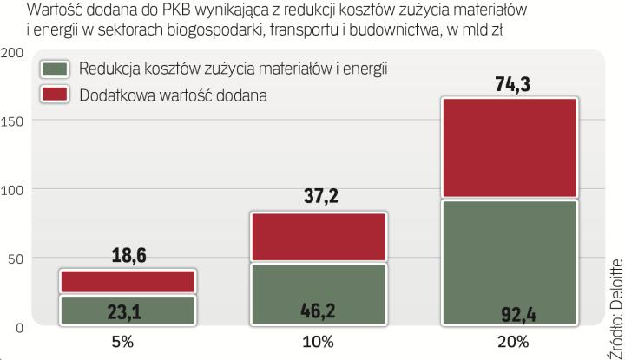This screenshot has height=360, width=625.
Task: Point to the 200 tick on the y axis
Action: click(12, 52)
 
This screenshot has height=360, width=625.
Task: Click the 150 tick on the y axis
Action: click(12, 121)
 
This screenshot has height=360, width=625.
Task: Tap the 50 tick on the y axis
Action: click(15, 258)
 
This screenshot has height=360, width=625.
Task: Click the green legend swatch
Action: click(55, 69)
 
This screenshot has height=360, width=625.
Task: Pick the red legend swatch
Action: click(55, 94)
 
